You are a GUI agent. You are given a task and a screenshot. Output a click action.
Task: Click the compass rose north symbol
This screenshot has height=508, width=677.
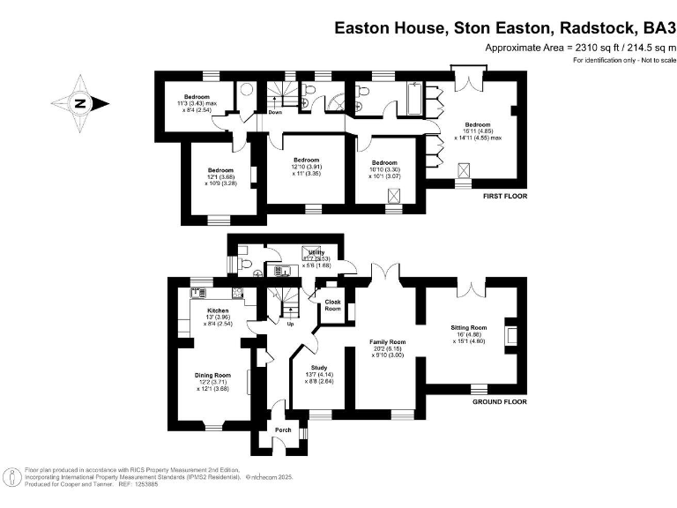click(x=80, y=102)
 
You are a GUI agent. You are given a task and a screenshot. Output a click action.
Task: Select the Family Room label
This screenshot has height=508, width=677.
click(x=386, y=342)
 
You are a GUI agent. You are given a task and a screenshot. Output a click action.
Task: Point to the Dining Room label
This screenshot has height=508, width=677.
click(x=212, y=375)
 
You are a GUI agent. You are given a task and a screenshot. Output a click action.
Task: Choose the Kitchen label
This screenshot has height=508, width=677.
click(x=218, y=311)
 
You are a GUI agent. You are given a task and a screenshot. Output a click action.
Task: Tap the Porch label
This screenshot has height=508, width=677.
click(x=283, y=430)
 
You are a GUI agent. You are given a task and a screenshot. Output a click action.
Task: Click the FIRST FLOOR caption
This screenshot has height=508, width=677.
click(x=505, y=196)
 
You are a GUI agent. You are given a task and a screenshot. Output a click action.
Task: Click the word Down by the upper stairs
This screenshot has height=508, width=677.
click(x=275, y=113)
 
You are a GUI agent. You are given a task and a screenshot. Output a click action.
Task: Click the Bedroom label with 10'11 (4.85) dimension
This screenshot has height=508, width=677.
click(x=478, y=125)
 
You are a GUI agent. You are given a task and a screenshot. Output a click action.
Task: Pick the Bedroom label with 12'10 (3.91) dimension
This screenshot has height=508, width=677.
click(x=306, y=161)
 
